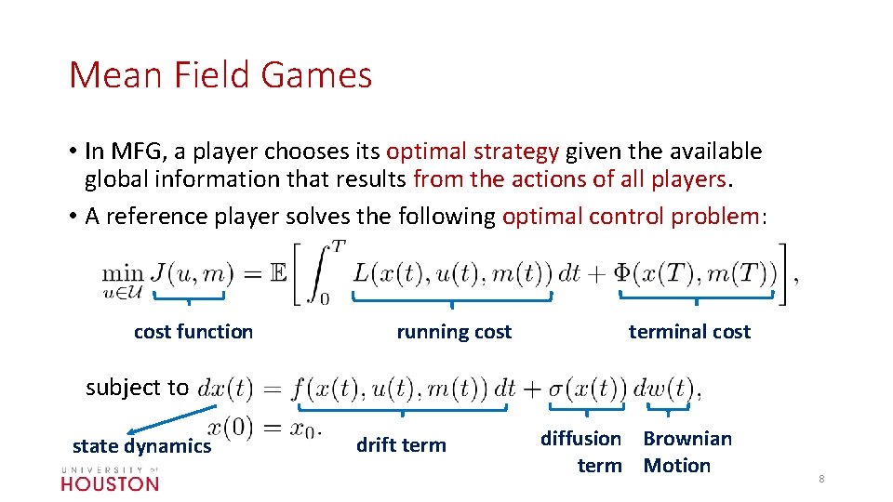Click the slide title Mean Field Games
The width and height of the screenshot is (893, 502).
point(220,75)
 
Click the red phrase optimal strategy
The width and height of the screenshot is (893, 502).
point(473,152)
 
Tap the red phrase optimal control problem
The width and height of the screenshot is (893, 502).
point(631,217)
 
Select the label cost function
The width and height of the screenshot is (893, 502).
point(193,332)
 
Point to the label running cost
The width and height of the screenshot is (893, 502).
point(454,332)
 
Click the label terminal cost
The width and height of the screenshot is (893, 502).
point(689,332)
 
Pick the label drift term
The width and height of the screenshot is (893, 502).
point(401,445)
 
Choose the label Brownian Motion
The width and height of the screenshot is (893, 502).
point(686,452)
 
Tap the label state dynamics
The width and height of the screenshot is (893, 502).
point(142,446)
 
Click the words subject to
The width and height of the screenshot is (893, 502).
point(137,388)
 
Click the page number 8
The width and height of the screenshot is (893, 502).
point(821,479)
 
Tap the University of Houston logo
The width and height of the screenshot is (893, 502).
point(110,478)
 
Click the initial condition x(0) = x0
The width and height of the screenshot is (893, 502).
point(263,428)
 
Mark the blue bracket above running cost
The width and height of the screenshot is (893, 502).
point(452,297)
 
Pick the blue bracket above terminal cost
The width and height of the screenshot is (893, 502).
point(697,297)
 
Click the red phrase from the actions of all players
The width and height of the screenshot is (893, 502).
point(570,179)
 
